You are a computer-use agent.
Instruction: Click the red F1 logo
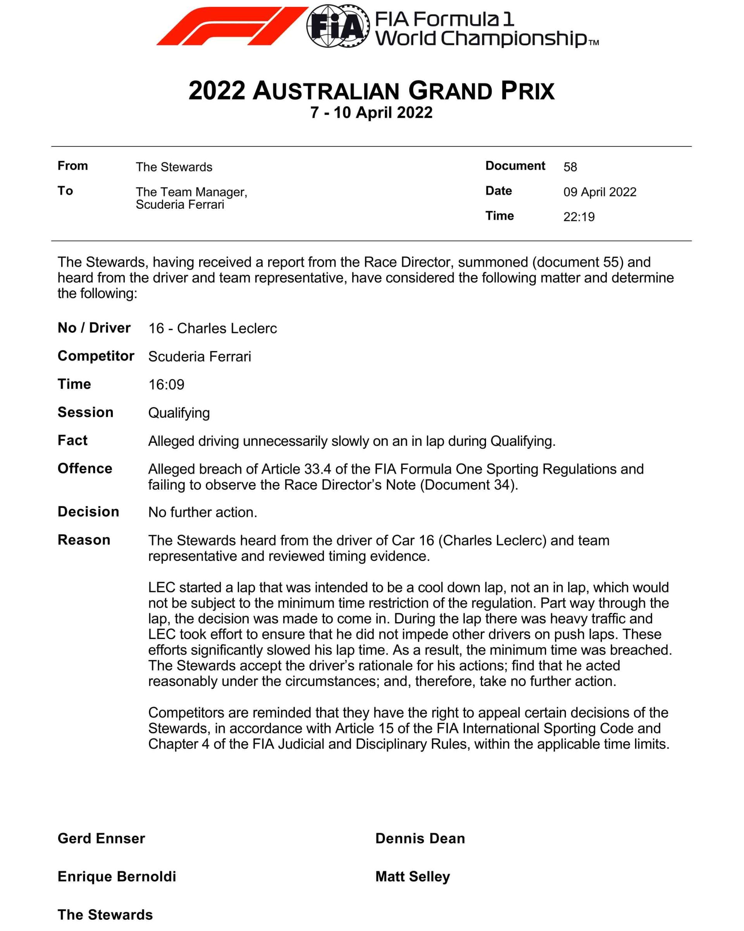(x=232, y=26)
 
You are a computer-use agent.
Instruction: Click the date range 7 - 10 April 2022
(x=371, y=113)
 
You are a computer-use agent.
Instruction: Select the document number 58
(x=570, y=167)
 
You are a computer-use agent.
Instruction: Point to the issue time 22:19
(x=579, y=217)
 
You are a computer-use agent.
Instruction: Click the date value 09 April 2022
(x=600, y=192)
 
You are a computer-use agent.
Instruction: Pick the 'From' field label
(x=72, y=166)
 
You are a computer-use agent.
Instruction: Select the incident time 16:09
(x=166, y=384)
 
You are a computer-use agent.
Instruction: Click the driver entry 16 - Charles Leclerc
(x=212, y=328)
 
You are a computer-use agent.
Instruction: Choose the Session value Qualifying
(x=179, y=413)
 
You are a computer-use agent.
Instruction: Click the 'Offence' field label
(x=84, y=468)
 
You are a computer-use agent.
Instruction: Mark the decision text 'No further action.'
(x=203, y=512)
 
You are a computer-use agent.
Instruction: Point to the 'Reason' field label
(x=84, y=540)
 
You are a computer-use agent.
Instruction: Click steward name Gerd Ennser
(x=101, y=838)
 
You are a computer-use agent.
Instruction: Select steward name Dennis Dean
(x=420, y=838)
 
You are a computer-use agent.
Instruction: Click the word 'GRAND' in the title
(x=450, y=91)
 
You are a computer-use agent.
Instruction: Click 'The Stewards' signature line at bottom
(x=105, y=915)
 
